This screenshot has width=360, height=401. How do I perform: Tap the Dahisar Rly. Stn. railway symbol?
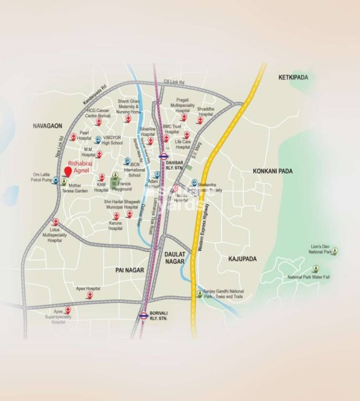[164, 156]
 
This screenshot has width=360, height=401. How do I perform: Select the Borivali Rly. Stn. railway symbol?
[144, 315]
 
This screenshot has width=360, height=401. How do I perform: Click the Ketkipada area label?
[293, 77]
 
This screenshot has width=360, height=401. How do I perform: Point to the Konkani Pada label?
[273, 171]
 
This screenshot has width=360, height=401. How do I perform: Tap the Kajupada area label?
[242, 259]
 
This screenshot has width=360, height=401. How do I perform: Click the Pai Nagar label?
[130, 270]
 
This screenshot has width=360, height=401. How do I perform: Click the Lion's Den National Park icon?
[335, 250]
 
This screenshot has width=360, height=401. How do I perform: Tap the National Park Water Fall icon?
[315, 269]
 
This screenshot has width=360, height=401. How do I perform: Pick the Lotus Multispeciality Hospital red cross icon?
[56, 222]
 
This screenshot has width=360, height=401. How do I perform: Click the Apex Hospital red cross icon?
[89, 295]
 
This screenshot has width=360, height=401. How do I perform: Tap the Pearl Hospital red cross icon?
[73, 137]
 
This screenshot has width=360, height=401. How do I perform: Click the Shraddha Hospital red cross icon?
[199, 120]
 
